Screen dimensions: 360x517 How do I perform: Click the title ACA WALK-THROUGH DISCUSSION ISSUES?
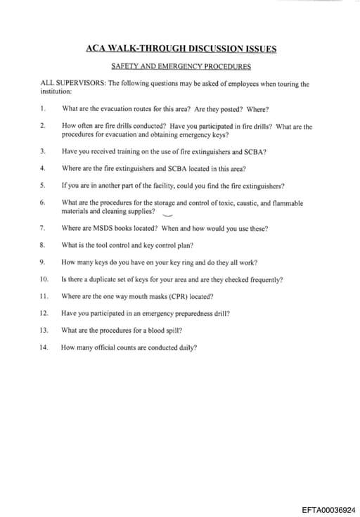pos(181,49)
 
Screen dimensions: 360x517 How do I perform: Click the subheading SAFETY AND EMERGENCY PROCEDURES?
pos(181,66)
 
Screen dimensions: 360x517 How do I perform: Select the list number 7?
pos(43,228)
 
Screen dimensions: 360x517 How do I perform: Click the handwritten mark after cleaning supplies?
pos(167,214)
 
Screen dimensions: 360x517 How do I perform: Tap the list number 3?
pos(43,151)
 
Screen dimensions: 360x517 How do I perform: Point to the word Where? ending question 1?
pos(258,109)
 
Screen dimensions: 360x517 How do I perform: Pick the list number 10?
pos(44,279)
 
